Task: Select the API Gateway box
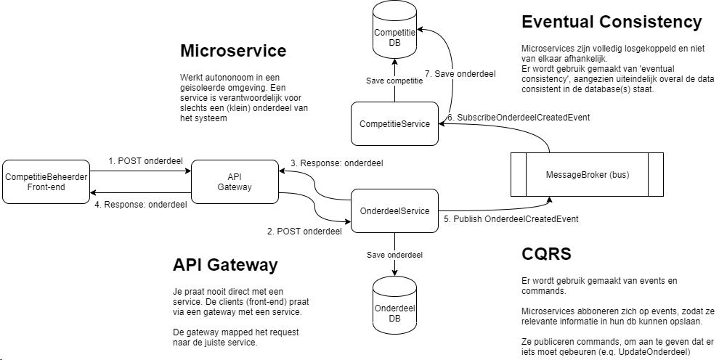pos(235,181)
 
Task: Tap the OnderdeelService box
pos(394,210)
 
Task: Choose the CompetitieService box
pos(394,123)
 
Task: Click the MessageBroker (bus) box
pos(586,174)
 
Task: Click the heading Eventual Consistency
pos(612,22)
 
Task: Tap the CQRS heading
pos(546,254)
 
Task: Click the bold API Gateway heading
pos(225,265)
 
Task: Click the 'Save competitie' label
pos(394,81)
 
